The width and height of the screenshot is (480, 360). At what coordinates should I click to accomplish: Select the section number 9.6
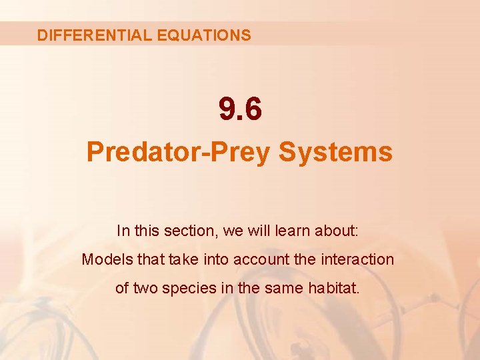click(240, 109)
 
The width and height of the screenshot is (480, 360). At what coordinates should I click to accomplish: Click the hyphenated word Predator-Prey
click(178, 153)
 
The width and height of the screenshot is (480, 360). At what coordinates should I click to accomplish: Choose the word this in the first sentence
click(145, 231)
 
